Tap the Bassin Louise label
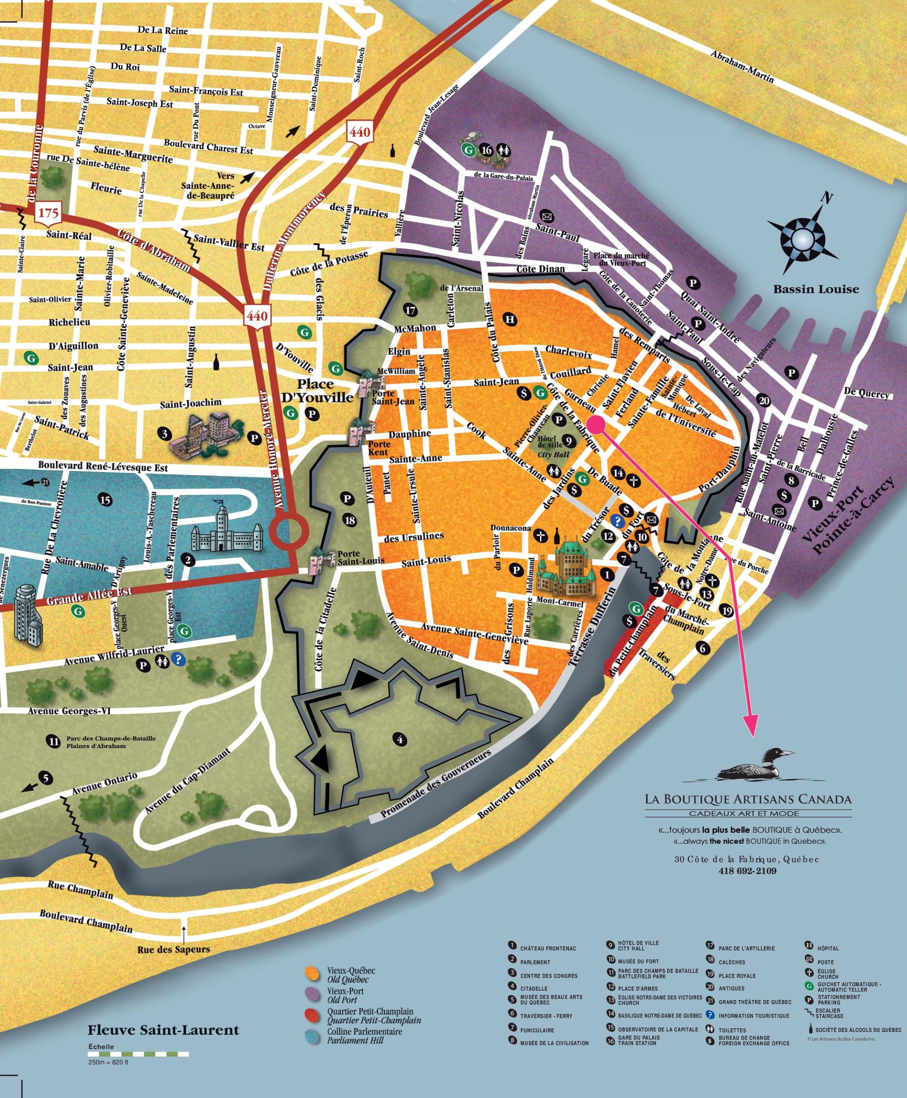click(x=816, y=289)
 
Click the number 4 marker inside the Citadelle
click(x=400, y=739)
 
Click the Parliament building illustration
click(x=226, y=529)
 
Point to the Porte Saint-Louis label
click(x=360, y=557)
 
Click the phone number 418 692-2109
click(x=747, y=871)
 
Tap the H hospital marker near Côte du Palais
click(x=510, y=319)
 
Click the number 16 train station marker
click(x=486, y=150)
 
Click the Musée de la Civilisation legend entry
click(x=554, y=1043)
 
